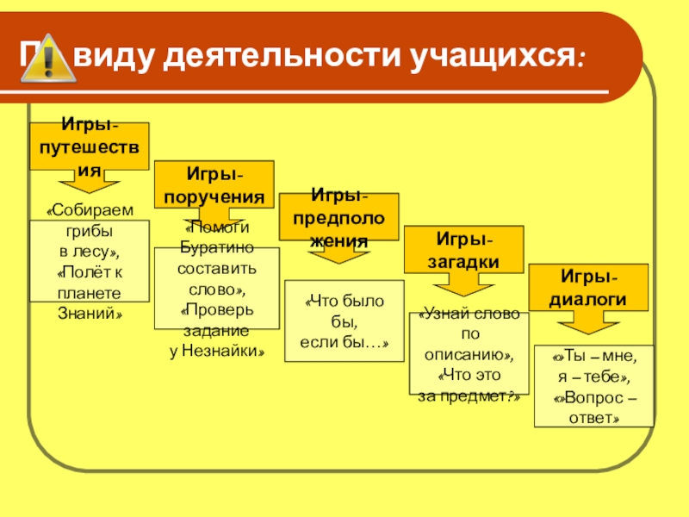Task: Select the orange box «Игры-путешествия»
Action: tap(89, 146)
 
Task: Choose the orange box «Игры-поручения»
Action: tap(214, 184)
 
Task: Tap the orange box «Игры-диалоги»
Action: tap(588, 287)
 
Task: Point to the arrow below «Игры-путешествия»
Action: tap(89, 190)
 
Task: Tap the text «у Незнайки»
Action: tap(216, 352)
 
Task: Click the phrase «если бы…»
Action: tap(344, 343)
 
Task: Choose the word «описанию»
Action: tap(469, 354)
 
